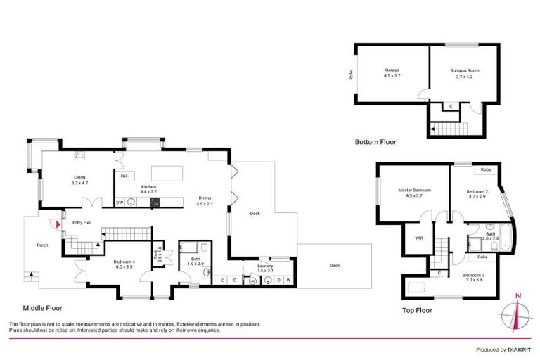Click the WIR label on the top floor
pyautogui.click(x=418, y=238)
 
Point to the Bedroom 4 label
pyautogui.click(x=124, y=265)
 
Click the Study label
pyautogui.click(x=160, y=252)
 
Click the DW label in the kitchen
pyautogui.click(x=120, y=202)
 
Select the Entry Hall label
pyautogui.click(x=82, y=223)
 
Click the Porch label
pyautogui.click(x=33, y=245)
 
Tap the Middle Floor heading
pyautogui.click(x=44, y=308)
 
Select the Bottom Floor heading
pyautogui.click(x=375, y=141)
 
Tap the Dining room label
pyautogui.click(x=205, y=202)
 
